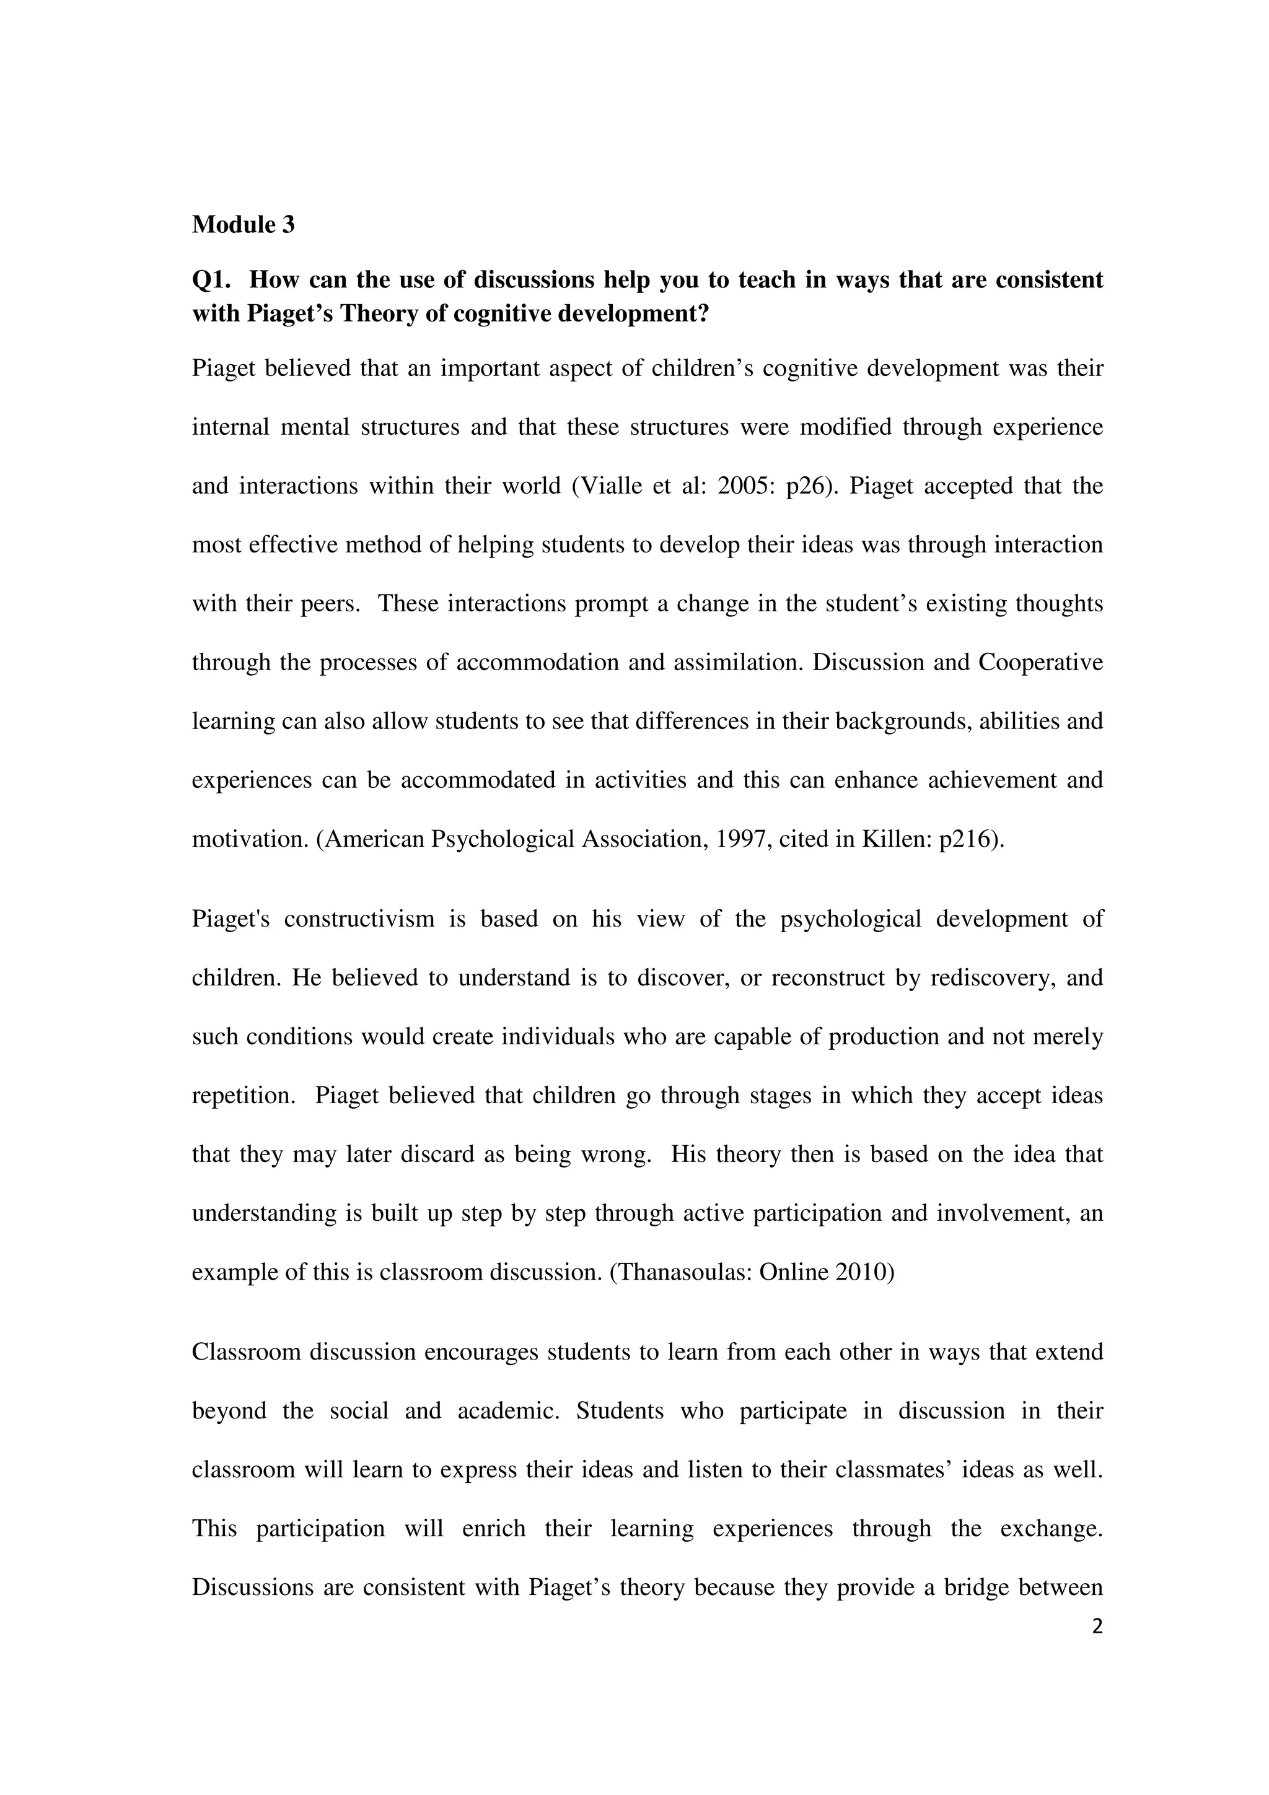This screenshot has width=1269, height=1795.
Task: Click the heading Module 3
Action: coord(243,225)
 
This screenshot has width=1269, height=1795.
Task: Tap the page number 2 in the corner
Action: coord(1097,1627)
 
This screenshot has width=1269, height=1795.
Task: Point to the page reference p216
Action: coord(967,839)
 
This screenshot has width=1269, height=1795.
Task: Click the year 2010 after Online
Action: coord(865,1272)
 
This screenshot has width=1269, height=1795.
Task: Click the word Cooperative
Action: coord(1041,662)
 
